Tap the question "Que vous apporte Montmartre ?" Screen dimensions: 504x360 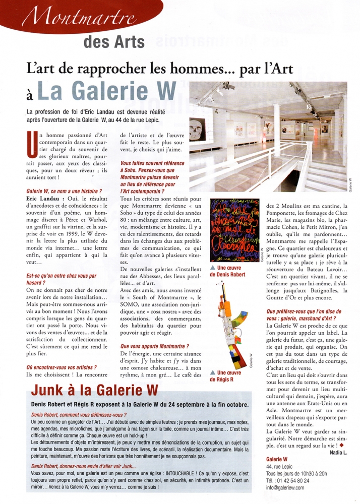pos(155,346)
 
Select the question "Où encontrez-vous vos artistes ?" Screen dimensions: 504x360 pos(61,367)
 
